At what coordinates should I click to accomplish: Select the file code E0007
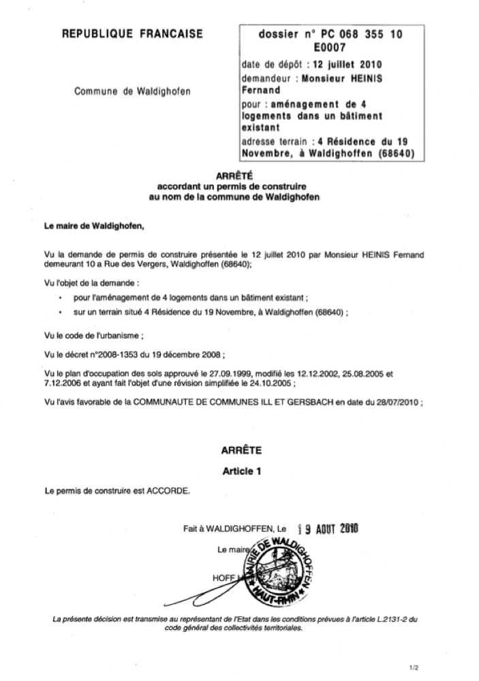pyautogui.click(x=330, y=48)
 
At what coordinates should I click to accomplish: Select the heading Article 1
pyautogui.click(x=241, y=470)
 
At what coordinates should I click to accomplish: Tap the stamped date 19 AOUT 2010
pyautogui.click(x=330, y=527)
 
